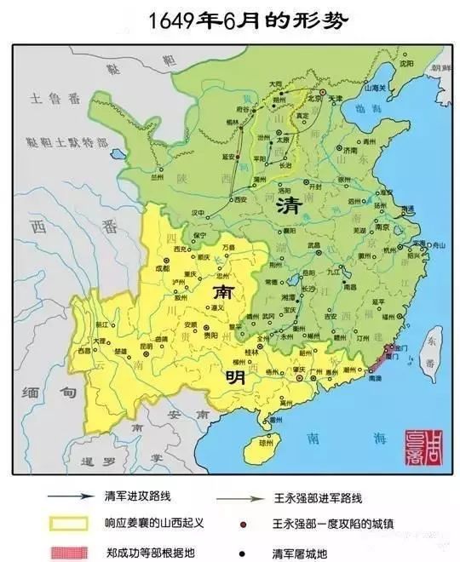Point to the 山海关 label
(375, 88)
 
